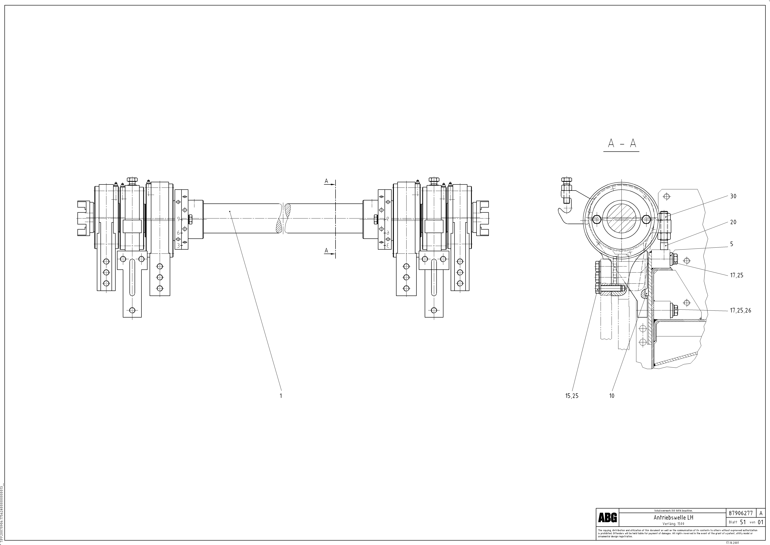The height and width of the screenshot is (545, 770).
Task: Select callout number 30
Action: pyautogui.click(x=733, y=196)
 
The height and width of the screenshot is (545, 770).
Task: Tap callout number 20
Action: pyautogui.click(x=733, y=222)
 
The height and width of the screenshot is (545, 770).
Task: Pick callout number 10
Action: pyautogui.click(x=612, y=396)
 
